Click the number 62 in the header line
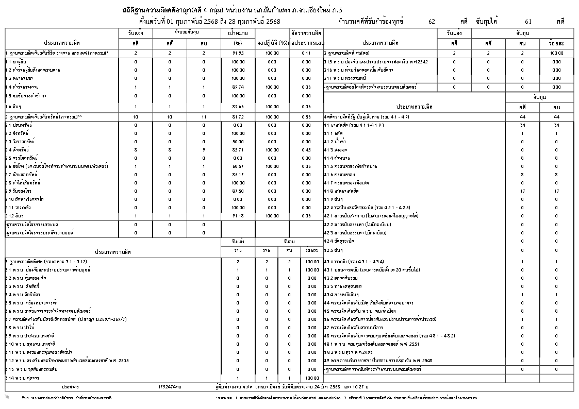[x=432, y=22]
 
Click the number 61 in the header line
[x=528, y=22]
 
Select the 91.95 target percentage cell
[x=238, y=53]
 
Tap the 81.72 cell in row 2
[x=238, y=117]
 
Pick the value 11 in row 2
[x=204, y=117]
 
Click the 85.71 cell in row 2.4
[x=238, y=150]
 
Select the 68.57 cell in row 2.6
[x=238, y=166]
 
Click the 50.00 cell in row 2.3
[x=238, y=142]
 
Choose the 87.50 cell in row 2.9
[x=238, y=191]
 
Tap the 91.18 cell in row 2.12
[x=238, y=215]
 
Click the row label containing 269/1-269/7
[x=67, y=319]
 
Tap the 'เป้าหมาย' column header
[x=238, y=32]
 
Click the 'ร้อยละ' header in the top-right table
[x=556, y=43]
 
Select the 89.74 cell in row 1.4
[x=238, y=87]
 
